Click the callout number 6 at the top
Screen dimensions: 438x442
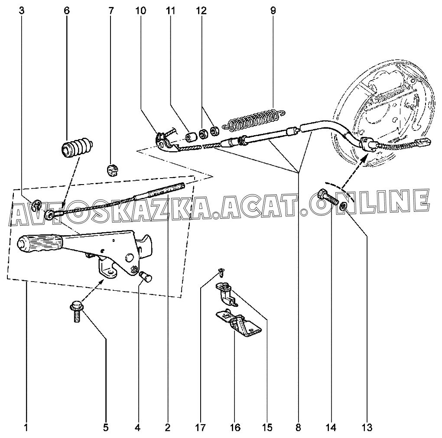66,10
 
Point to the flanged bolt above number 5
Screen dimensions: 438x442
76,312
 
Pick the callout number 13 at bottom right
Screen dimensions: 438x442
367,428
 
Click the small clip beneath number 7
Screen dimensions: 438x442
111,169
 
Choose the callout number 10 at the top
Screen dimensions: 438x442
141,10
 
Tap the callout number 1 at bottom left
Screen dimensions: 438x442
26,428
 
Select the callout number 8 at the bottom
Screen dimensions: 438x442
298,428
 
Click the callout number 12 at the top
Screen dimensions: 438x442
201,10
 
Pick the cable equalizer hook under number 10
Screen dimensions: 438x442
165,140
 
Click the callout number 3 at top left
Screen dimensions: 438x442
22,10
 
